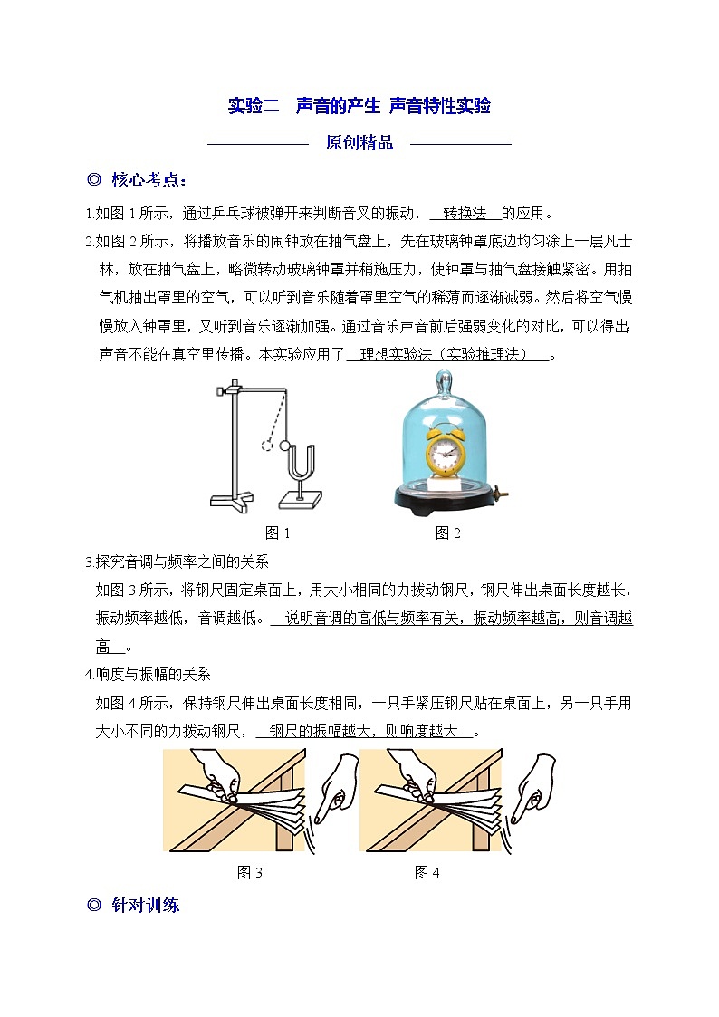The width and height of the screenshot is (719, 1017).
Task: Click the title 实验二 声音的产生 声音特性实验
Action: pos(359,106)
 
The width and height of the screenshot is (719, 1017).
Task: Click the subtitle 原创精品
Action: pos(359,143)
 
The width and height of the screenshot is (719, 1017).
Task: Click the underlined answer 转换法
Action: pos(465,213)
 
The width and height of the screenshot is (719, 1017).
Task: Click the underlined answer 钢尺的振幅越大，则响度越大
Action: pos(363,731)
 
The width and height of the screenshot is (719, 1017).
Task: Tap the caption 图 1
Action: pos(277,533)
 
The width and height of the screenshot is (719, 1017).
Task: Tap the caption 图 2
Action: pos(448,533)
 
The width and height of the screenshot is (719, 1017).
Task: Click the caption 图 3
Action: pos(250,872)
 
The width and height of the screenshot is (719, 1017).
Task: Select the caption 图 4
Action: pos(427,872)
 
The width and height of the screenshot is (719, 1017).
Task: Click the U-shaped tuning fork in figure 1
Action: pos(300,465)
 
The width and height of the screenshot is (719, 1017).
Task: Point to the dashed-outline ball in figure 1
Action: pos(266,446)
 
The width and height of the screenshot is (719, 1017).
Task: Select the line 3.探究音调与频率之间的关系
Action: pos(177,561)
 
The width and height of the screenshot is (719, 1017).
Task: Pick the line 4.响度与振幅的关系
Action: pos(148,675)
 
